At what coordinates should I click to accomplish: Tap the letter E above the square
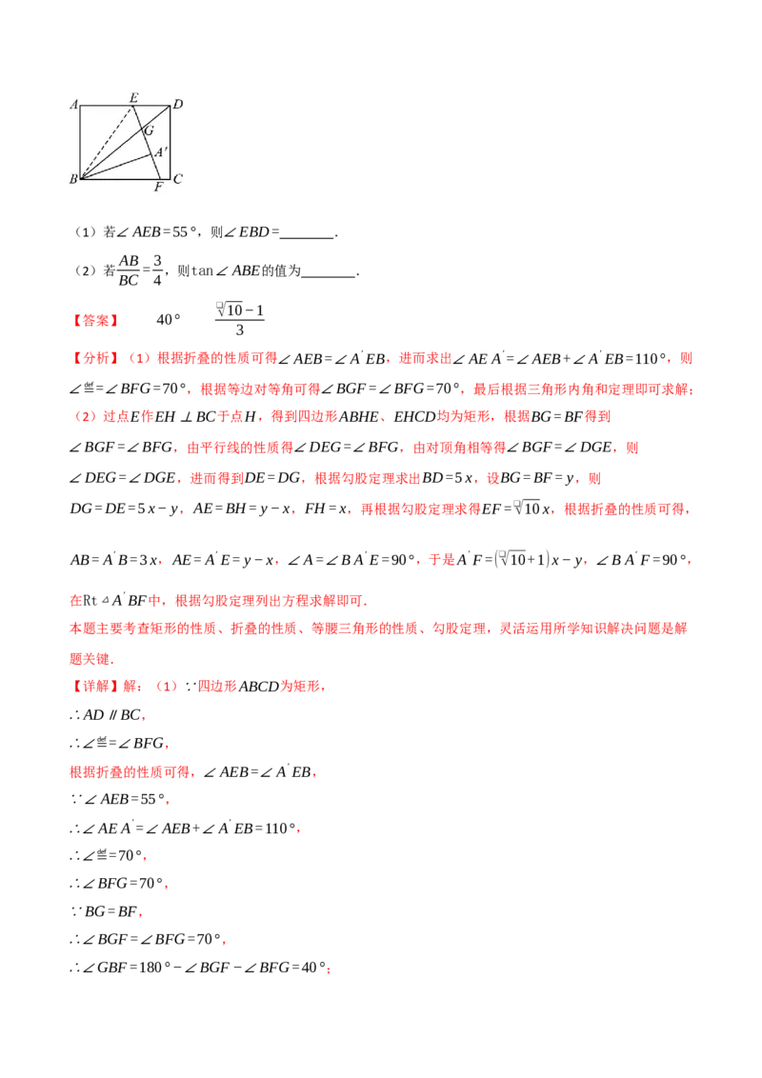coord(133,97)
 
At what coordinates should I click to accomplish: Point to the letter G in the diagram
coord(150,130)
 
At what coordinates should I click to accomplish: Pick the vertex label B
coord(73,179)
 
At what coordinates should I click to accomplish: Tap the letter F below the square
coord(158,188)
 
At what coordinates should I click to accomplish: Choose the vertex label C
coord(178,179)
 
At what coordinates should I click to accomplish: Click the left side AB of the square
coord(80,143)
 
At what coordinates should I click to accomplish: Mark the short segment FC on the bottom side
coord(165,178)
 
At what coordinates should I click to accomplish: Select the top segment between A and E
coord(107,106)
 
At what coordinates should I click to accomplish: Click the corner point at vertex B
coord(80,178)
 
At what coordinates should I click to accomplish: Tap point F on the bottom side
coord(159,178)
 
